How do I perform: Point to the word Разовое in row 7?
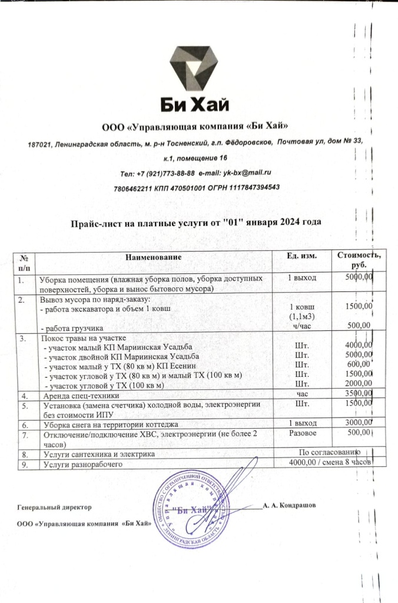click(x=301, y=434)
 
